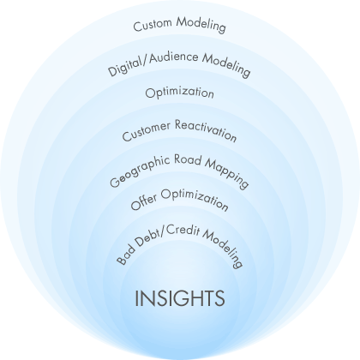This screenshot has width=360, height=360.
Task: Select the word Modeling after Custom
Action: point(201,24)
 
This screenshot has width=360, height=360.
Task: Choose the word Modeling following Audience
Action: point(226,66)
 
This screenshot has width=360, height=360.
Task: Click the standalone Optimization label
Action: point(179,93)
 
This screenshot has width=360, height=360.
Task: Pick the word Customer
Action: point(147,131)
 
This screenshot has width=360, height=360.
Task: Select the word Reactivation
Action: point(206,130)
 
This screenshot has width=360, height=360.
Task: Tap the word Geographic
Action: point(139,171)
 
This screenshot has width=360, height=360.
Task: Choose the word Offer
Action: point(144,201)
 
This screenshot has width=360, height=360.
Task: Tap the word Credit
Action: point(183,231)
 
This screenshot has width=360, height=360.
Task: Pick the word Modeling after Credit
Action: point(224,248)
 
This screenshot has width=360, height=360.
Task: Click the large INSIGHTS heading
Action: point(180,298)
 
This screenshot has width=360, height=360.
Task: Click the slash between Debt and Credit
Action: point(163,231)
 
